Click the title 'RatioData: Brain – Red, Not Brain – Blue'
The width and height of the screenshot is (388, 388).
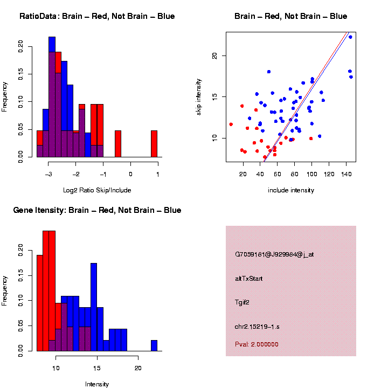pyautogui.click(x=97, y=16)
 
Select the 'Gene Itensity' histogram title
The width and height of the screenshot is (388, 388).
pyautogui.click(x=97, y=210)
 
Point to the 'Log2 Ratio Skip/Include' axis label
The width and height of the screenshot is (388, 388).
pyautogui.click(x=97, y=190)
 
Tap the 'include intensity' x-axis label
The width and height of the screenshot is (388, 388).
pyautogui.click(x=291, y=190)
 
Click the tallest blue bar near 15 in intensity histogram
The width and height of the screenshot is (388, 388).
pyautogui.click(x=94, y=307)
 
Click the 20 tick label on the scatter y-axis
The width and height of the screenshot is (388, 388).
pyautogui.click(x=214, y=56)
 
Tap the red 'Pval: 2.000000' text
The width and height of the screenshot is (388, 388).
pyautogui.click(x=257, y=344)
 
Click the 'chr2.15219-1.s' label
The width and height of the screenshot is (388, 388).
pyautogui.click(x=257, y=327)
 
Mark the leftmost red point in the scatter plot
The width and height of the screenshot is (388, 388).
pyautogui.click(x=231, y=124)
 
